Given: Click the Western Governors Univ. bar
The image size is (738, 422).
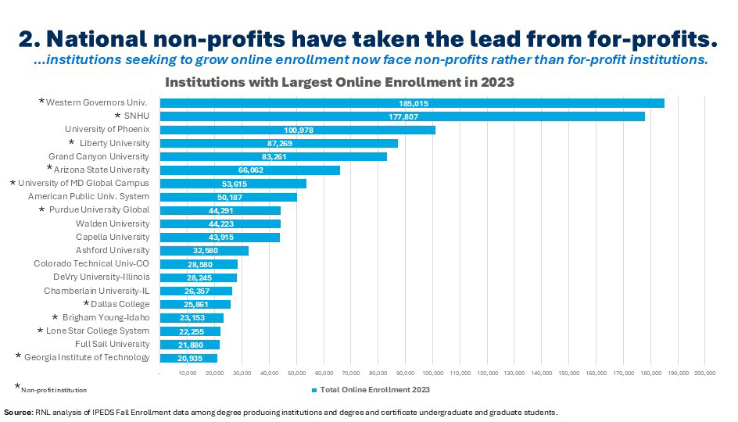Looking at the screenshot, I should tap(412, 103).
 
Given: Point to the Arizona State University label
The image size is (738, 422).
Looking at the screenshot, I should tap(101, 170).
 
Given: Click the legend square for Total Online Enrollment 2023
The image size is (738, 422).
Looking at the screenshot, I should tap(313, 389).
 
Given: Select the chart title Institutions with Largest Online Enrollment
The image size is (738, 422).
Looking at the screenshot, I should tap(338, 82).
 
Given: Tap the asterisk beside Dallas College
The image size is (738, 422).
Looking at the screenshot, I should tap(86, 304).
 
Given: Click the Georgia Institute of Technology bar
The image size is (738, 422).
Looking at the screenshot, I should tap(188, 358).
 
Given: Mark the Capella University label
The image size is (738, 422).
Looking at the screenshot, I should tap(113, 237).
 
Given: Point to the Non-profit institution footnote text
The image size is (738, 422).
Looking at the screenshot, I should tap(54, 389).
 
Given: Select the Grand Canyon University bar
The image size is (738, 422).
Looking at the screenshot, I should tap(273, 156).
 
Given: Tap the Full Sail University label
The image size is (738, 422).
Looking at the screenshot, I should tap(112, 344).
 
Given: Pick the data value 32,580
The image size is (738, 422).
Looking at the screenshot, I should tap(203, 251).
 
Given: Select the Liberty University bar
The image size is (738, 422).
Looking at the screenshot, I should tap(278, 143).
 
